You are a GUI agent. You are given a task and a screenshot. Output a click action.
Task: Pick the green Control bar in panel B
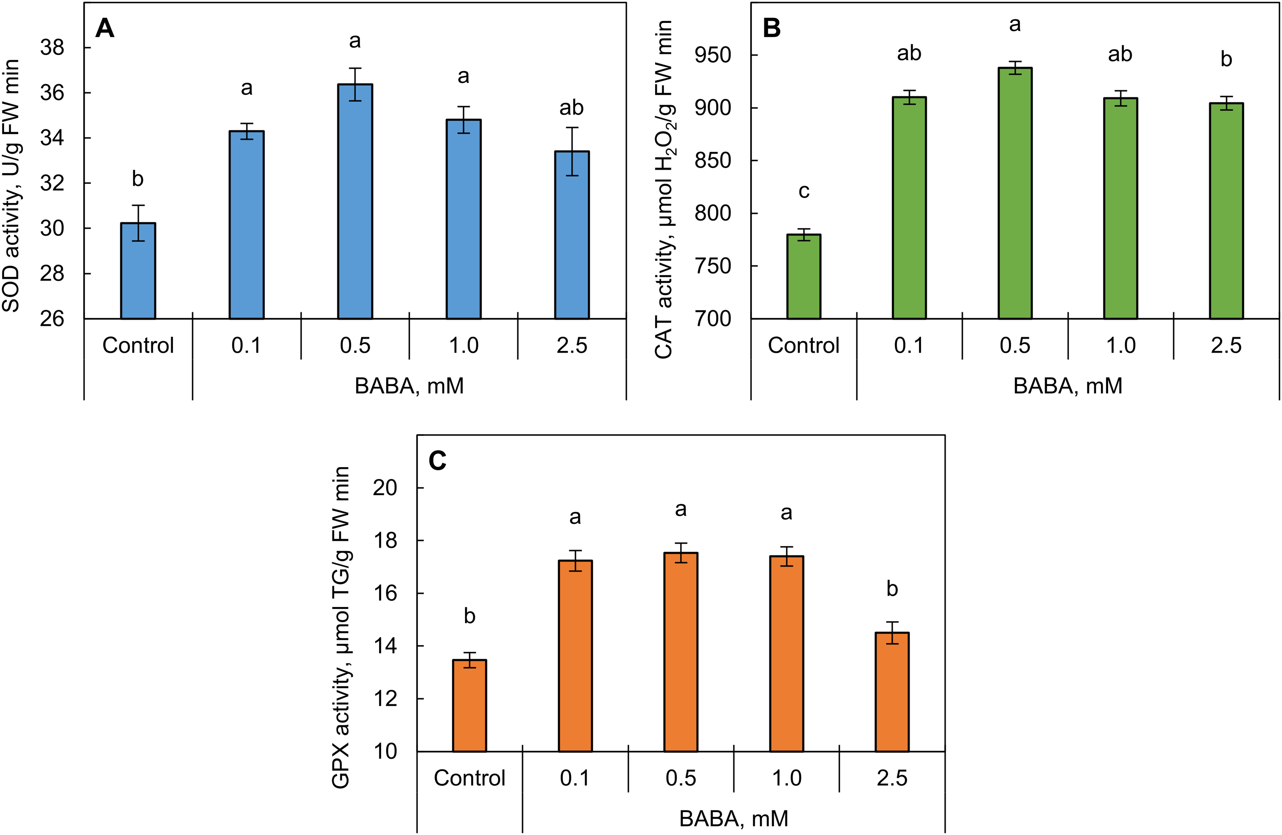coord(804,277)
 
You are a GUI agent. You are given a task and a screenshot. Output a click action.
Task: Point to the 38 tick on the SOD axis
coord(52,48)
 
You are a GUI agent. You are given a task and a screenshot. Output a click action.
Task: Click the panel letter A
coord(105,28)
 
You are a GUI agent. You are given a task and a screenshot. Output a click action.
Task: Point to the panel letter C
coord(437,461)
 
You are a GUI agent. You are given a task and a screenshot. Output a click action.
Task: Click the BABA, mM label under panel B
coord(1068,386)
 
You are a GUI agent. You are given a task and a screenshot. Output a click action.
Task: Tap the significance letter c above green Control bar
coord(804,191)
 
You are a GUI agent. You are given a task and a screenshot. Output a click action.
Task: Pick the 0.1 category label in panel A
coord(246,345)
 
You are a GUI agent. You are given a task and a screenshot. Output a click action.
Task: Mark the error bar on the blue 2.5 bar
coord(572,151)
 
